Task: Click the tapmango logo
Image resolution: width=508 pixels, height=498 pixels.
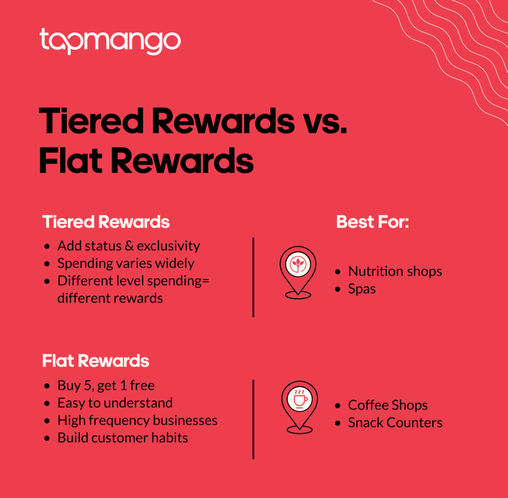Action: tap(110, 41)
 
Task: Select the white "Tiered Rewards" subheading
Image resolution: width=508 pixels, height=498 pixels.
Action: tap(106, 222)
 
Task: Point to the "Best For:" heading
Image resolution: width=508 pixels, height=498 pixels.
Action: tap(373, 222)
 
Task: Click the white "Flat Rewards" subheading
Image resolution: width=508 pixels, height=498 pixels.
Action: tap(96, 361)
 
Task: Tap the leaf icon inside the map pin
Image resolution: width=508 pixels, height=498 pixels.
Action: tap(298, 264)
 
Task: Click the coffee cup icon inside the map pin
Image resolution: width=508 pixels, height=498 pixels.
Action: tap(300, 399)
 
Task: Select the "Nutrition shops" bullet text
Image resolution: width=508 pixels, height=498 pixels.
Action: tap(395, 271)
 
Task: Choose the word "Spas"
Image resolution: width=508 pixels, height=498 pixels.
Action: tap(362, 289)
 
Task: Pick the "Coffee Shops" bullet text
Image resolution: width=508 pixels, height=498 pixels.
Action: tap(388, 405)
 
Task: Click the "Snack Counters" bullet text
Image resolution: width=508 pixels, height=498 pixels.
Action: tap(395, 423)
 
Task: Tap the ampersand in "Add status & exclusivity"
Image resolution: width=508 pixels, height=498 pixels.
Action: tap(129, 246)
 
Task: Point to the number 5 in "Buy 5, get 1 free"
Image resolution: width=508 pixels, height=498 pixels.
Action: tap(87, 385)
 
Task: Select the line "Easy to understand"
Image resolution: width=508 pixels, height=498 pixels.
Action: tap(115, 403)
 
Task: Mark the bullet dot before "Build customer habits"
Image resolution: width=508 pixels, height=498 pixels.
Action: tap(47, 438)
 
